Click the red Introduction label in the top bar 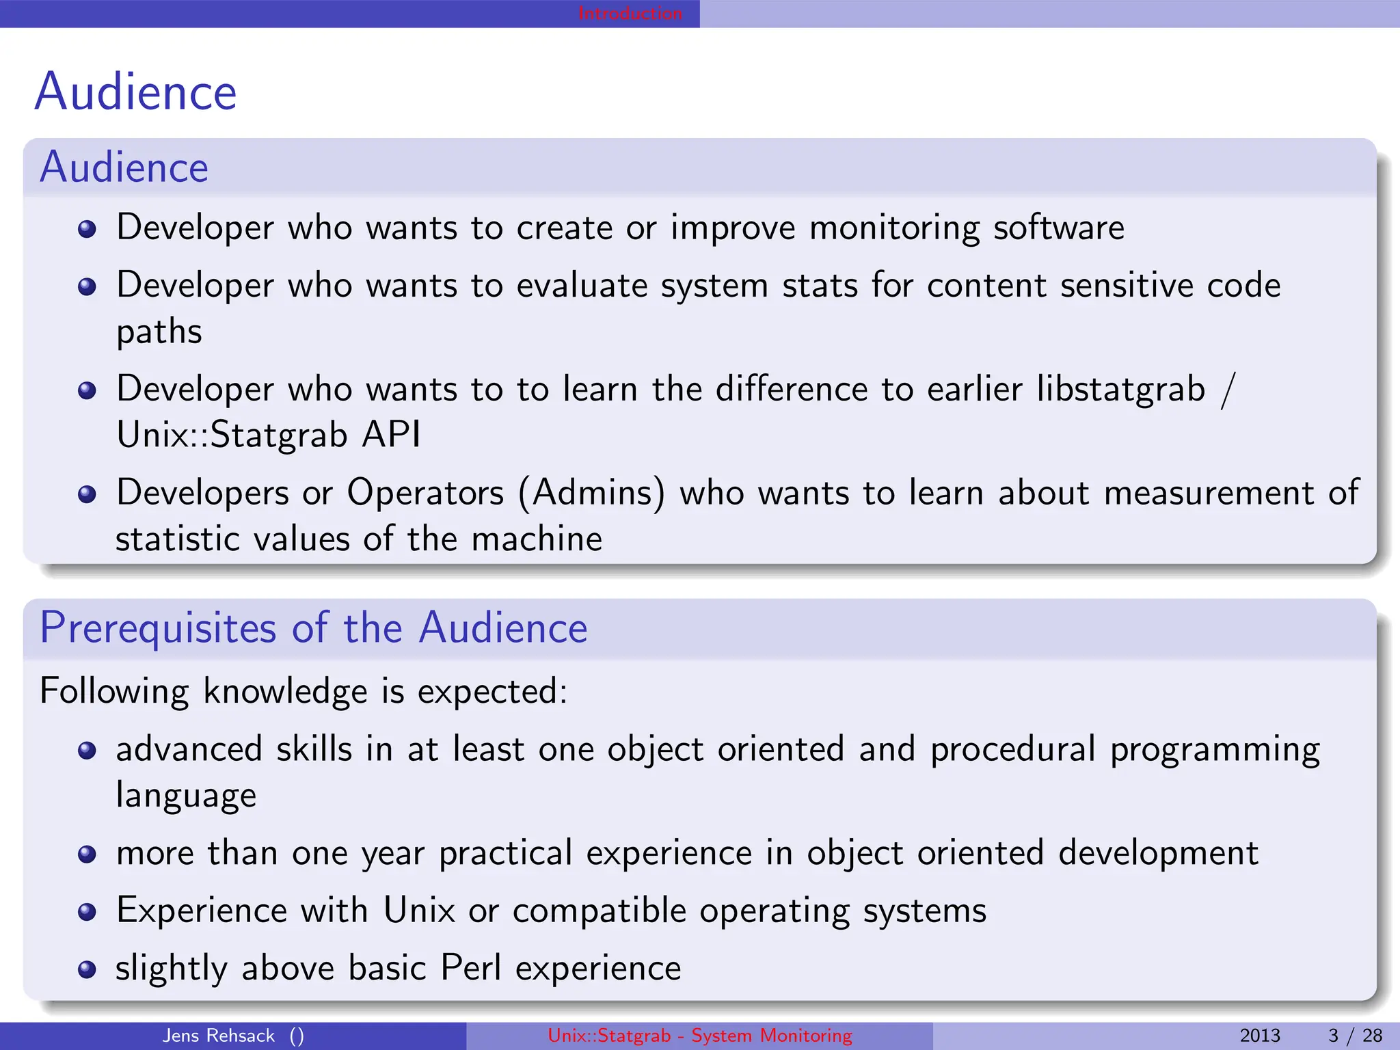click(630, 13)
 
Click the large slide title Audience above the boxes click(135, 92)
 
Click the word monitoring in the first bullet click(894, 228)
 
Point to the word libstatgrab click(1120, 389)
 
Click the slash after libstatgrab click(1228, 389)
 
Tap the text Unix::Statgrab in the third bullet click(232, 435)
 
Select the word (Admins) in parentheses click(591, 493)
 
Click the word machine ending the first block click(537, 539)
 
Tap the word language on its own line click(186, 796)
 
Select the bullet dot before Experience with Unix click(87, 912)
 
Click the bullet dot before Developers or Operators click(87, 494)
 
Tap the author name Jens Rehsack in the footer click(218, 1036)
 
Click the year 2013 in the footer click(1259, 1036)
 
